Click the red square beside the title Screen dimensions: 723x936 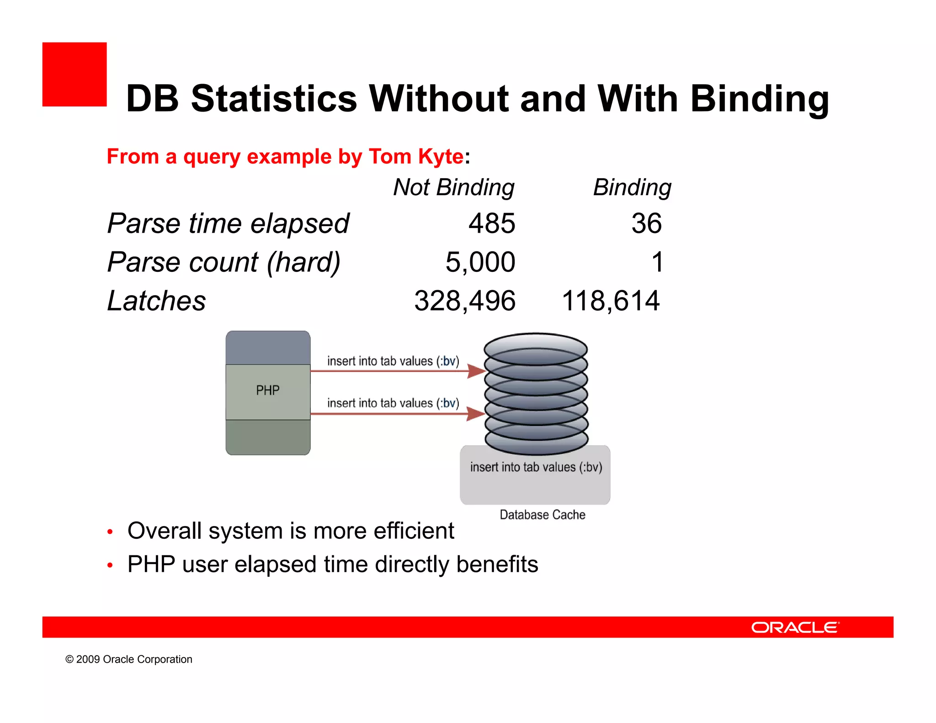coord(74,74)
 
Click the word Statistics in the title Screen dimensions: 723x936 coord(273,99)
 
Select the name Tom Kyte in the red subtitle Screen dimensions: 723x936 coord(416,157)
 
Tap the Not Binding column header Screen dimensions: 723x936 coord(454,187)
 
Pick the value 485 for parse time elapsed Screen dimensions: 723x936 coord(492,223)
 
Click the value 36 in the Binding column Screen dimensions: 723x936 coord(646,223)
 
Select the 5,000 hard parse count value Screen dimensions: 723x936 coord(480,262)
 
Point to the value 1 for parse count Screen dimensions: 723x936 coord(657,262)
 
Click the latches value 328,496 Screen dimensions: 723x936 coord(465,301)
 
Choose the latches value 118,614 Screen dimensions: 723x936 coord(611,301)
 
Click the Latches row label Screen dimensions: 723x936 coord(156,301)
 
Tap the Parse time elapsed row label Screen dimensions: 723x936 coord(228,223)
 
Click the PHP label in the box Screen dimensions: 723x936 coord(268,390)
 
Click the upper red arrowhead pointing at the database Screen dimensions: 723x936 coord(476,371)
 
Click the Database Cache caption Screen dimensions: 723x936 coord(542,515)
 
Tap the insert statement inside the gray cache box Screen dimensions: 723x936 coord(536,467)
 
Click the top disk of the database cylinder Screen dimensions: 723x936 coord(536,348)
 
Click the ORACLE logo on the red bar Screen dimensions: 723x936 coord(795,627)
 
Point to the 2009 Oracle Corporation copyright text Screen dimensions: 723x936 coord(129,659)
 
